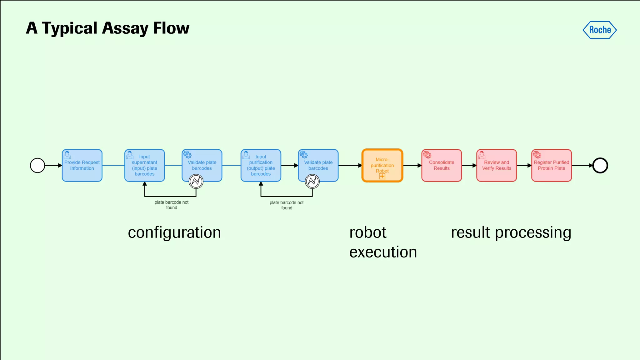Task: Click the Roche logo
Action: point(599,30)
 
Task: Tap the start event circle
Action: point(37,166)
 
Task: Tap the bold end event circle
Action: point(600,166)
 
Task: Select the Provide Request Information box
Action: point(82,166)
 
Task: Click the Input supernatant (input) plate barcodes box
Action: point(144,166)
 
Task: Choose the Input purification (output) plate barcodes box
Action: point(261,166)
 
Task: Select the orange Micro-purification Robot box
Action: point(382,165)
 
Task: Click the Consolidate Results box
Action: point(442,166)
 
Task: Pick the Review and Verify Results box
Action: point(497,166)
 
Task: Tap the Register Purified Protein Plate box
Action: point(552,166)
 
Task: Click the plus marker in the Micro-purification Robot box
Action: point(382,177)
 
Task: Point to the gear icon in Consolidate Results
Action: point(427,155)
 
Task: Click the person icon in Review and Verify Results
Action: point(482,155)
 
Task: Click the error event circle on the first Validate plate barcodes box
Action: point(196,181)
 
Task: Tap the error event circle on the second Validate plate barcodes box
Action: point(312,181)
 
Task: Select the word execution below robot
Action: point(383,252)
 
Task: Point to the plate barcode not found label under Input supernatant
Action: point(172,205)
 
